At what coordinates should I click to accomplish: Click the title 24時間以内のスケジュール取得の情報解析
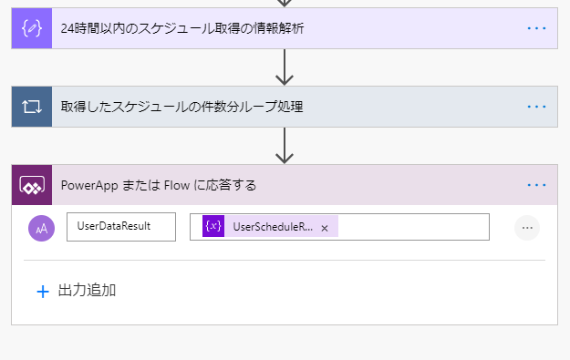coord(182,28)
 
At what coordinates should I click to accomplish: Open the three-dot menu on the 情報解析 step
coord(536,28)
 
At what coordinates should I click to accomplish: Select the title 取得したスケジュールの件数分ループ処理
coord(181,107)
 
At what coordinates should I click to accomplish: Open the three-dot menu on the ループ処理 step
coord(536,107)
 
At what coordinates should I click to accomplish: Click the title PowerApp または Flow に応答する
coord(159,185)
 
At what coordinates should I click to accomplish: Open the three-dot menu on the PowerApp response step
coord(536,185)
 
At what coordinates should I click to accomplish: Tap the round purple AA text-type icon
coord(42,228)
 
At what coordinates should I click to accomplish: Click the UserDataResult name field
coord(120,227)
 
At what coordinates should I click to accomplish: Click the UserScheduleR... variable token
coord(272,227)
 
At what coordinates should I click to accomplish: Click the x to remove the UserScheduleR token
coord(325,228)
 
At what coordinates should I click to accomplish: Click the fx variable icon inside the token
coord(213,227)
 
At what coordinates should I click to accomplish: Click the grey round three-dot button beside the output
coord(526,228)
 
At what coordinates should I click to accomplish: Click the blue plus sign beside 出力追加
coord(42,292)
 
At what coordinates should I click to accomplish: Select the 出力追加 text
coord(87,292)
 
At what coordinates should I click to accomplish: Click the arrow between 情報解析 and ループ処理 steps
coord(285,67)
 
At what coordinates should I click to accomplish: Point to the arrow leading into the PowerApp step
coord(285,145)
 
